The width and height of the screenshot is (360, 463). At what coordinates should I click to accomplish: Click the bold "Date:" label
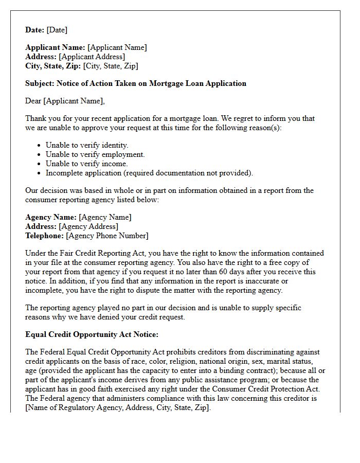point(35,30)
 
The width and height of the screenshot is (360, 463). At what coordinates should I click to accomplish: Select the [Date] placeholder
point(57,30)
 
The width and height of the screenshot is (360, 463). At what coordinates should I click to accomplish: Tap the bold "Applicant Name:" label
point(55,47)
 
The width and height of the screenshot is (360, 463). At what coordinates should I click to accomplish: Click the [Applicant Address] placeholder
point(92,57)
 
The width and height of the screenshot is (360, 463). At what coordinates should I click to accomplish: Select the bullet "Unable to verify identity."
point(87,145)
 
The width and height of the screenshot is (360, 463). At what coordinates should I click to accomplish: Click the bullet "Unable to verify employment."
point(95,154)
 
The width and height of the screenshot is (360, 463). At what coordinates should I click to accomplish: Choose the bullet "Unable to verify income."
point(86,164)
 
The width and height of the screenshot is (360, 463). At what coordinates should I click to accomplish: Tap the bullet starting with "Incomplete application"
point(149,173)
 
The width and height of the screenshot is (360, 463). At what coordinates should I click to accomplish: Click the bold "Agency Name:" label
point(51,217)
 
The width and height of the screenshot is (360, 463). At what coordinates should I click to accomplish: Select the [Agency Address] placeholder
point(88,226)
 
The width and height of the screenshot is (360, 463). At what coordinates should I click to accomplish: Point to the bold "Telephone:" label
point(45,236)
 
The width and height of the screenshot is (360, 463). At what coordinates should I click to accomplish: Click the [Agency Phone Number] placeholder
point(107,236)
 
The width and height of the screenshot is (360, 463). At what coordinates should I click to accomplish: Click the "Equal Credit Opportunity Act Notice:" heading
point(85,334)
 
